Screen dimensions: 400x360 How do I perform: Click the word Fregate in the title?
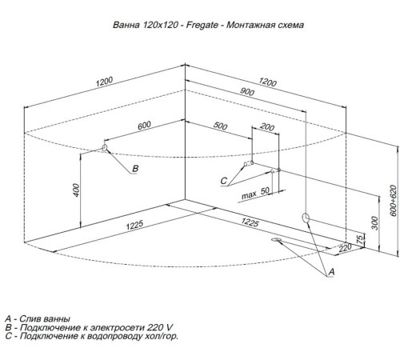(202, 25)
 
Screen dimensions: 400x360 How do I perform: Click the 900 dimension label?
(247, 92)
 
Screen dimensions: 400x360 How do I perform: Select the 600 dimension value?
(144, 126)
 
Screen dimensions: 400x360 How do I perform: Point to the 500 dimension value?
(220, 126)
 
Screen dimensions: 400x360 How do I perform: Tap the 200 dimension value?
(267, 127)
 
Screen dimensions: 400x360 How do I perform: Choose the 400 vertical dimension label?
(76, 190)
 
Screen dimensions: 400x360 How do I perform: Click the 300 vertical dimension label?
(375, 223)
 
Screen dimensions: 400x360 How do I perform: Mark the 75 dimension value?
(360, 238)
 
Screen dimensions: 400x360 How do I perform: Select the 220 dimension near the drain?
(345, 248)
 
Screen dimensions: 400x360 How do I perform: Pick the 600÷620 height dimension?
(393, 201)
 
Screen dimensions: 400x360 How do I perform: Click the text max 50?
(255, 194)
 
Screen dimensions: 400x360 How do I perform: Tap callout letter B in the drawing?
(135, 169)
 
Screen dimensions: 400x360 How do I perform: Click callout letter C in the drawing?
(223, 181)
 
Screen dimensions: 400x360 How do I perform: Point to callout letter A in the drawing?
(331, 272)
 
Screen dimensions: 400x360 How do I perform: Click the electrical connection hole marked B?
(104, 148)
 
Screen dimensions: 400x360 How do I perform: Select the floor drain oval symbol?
(276, 240)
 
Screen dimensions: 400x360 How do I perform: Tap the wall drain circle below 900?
(306, 218)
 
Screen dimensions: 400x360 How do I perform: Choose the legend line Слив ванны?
(45, 318)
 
